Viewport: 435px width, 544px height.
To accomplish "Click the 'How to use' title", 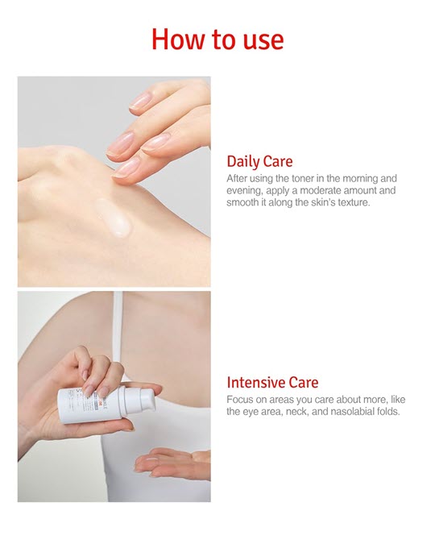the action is pos(217,39).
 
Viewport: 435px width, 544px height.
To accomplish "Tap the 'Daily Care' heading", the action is pos(259,162).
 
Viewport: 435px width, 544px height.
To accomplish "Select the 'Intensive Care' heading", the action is pos(272,382).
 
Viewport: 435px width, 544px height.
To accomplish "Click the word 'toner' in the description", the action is pos(303,178).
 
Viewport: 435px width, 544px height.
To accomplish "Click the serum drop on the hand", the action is pos(113,218).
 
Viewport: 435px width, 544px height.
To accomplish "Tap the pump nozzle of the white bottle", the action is pos(147,399).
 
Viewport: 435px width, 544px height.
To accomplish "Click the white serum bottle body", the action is pos(92,405).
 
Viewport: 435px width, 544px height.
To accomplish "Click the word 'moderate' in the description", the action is pos(320,190).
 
